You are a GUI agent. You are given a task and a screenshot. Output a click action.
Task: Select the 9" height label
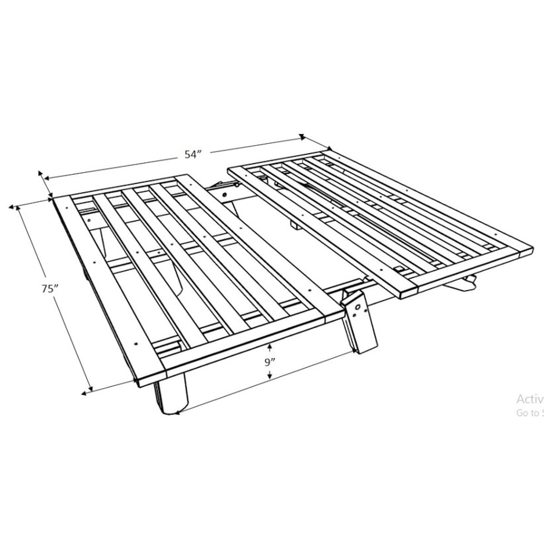270,362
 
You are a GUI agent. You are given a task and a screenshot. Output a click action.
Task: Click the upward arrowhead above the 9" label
270,347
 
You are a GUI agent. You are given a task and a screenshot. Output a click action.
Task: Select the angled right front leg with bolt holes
360,322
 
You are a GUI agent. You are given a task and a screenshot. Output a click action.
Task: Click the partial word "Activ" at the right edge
529,399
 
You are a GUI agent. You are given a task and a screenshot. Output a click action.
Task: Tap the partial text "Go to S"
529,413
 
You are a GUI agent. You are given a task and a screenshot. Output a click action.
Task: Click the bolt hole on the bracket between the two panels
225,194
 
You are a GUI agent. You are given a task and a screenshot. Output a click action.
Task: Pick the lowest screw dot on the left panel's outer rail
136,343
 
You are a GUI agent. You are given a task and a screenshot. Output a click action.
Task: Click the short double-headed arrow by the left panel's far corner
45,185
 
